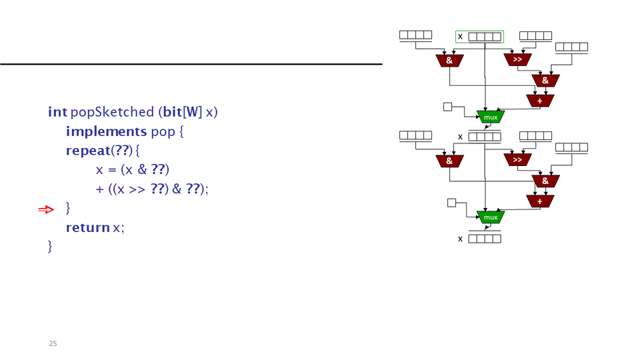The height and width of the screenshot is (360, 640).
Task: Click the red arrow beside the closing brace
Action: (46, 210)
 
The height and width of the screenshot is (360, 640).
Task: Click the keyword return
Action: (87, 228)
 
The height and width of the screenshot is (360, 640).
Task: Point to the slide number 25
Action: (53, 344)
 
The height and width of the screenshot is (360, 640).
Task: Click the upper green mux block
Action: (491, 117)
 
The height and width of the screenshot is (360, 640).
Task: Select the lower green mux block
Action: (491, 217)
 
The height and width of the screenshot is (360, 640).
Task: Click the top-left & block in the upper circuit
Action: (449, 61)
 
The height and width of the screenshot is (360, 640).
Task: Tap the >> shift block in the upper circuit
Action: (517, 60)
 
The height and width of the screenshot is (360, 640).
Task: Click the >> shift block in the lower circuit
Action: (517, 160)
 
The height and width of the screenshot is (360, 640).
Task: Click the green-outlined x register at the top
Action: (479, 37)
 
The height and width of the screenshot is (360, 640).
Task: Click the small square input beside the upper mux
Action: (448, 106)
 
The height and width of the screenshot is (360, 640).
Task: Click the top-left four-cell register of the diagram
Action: (415, 35)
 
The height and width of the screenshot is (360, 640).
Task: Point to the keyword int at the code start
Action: (57, 112)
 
